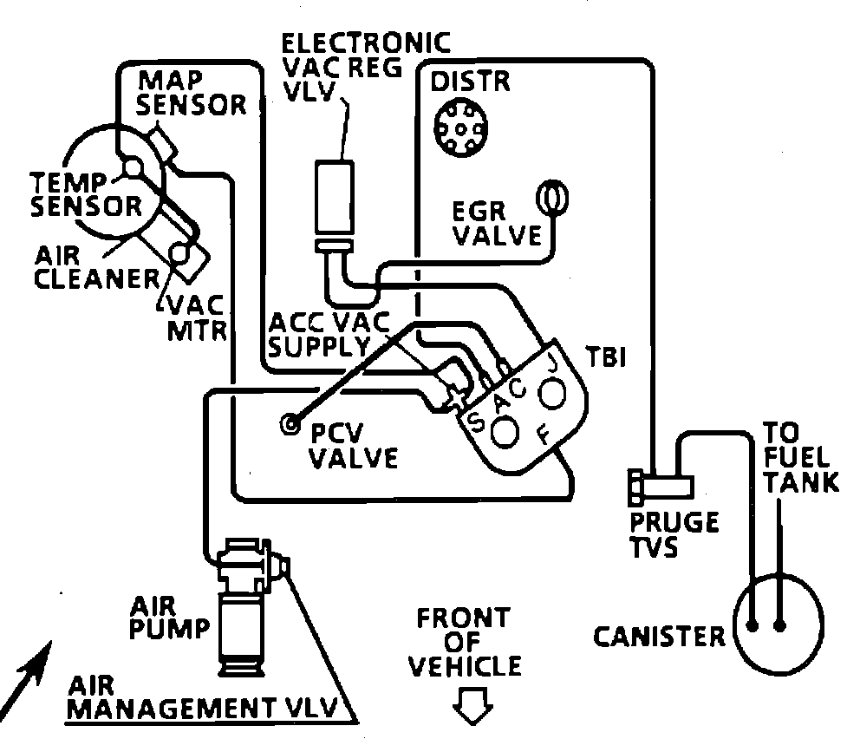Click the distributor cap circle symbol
tap(460, 128)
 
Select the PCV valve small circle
tap(290, 423)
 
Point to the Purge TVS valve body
tap(661, 487)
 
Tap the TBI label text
tap(606, 356)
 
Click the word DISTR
tap(470, 82)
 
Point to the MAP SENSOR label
tap(192, 94)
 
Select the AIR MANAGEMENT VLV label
tap(202, 698)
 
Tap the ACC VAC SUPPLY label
tap(329, 335)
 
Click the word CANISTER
tap(659, 637)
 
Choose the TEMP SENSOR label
tap(86, 195)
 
